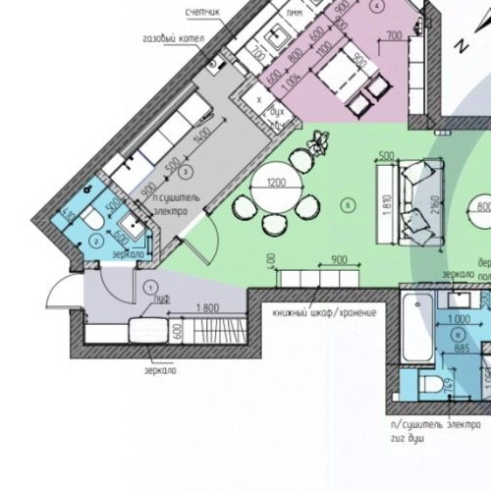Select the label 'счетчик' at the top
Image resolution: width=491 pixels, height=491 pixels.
(203, 13)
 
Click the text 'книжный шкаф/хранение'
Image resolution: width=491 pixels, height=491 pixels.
(324, 312)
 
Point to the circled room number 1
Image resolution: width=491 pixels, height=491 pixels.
(150, 287)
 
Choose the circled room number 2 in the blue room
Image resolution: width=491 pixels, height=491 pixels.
(96, 239)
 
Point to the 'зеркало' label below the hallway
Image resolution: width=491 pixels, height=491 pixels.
(161, 370)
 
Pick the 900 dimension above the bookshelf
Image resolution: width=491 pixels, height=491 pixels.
(340, 260)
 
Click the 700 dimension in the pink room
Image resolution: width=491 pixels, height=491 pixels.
(395, 36)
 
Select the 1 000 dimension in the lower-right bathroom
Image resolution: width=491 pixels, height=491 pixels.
(459, 320)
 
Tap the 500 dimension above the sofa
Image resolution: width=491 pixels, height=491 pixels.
(386, 156)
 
